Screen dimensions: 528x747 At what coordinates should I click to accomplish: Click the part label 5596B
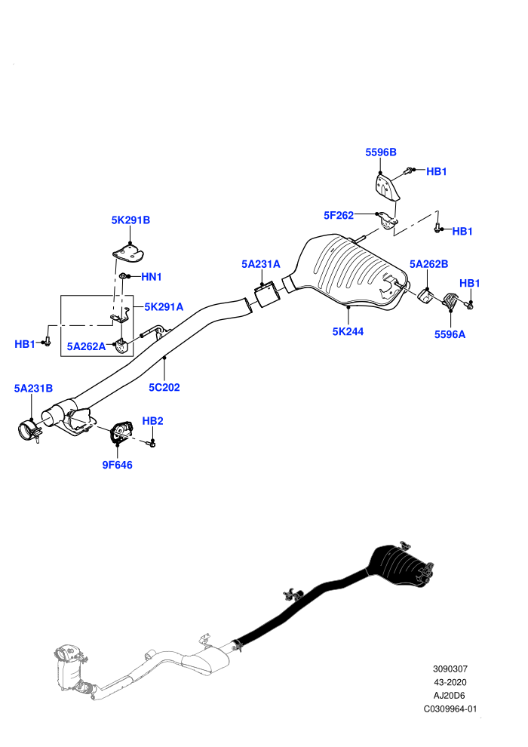coord(380,152)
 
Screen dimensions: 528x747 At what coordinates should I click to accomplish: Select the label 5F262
coord(339,215)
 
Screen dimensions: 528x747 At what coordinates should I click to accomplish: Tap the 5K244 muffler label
coord(348,331)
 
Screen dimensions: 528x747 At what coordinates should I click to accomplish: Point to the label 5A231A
coord(260,264)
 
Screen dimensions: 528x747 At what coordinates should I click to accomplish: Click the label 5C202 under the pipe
coord(164,387)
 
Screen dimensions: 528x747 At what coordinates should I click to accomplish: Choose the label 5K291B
coord(130,220)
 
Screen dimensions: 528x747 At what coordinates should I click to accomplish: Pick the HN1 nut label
coord(152,277)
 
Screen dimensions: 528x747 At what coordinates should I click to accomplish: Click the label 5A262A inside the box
coord(86,346)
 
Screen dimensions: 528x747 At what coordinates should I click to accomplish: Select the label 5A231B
coord(33,389)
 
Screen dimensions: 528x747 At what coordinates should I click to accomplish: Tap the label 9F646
coord(117,465)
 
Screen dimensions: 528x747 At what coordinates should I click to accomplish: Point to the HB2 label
coord(152,421)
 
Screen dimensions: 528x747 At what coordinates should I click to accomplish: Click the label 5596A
coord(450,334)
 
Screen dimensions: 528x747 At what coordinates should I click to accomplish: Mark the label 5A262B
coord(428,264)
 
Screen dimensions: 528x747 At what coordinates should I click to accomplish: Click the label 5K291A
coord(164,307)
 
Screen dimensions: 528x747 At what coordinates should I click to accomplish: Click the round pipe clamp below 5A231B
coord(29,430)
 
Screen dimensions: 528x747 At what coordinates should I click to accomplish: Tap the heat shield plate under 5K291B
coord(127,252)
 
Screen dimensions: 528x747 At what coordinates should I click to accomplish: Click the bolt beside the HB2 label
coord(152,444)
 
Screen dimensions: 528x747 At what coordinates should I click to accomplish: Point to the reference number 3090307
coord(450,669)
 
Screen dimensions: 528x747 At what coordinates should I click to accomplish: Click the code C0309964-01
coord(450,709)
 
